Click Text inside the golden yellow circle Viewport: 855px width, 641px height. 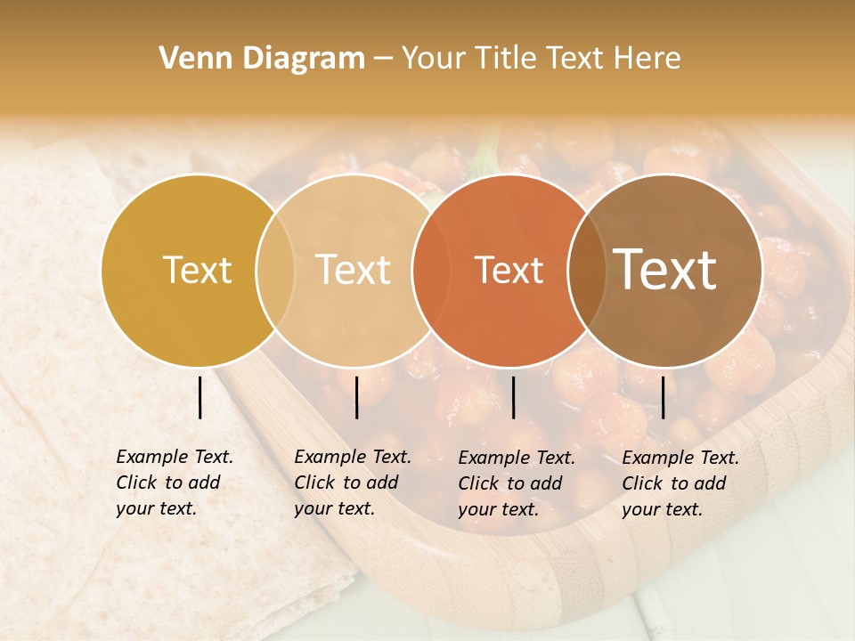click(197, 270)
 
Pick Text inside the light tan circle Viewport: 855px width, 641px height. click(354, 270)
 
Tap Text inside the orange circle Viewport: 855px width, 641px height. click(509, 270)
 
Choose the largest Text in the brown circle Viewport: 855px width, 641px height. click(665, 270)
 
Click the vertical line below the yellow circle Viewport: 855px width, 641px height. click(200, 397)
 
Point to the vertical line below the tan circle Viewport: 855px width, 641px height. click(356, 397)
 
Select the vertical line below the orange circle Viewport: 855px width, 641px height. click(514, 397)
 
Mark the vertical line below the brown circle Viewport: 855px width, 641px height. click(664, 397)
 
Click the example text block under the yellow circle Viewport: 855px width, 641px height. click(175, 483)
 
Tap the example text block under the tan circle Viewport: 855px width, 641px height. click(353, 483)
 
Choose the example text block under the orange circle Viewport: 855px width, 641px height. click(517, 483)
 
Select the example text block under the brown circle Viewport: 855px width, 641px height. click(680, 483)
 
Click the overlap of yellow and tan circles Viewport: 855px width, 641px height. click(275, 270)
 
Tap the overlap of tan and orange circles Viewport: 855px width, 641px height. click(428, 270)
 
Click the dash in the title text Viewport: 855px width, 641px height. click(383, 59)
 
